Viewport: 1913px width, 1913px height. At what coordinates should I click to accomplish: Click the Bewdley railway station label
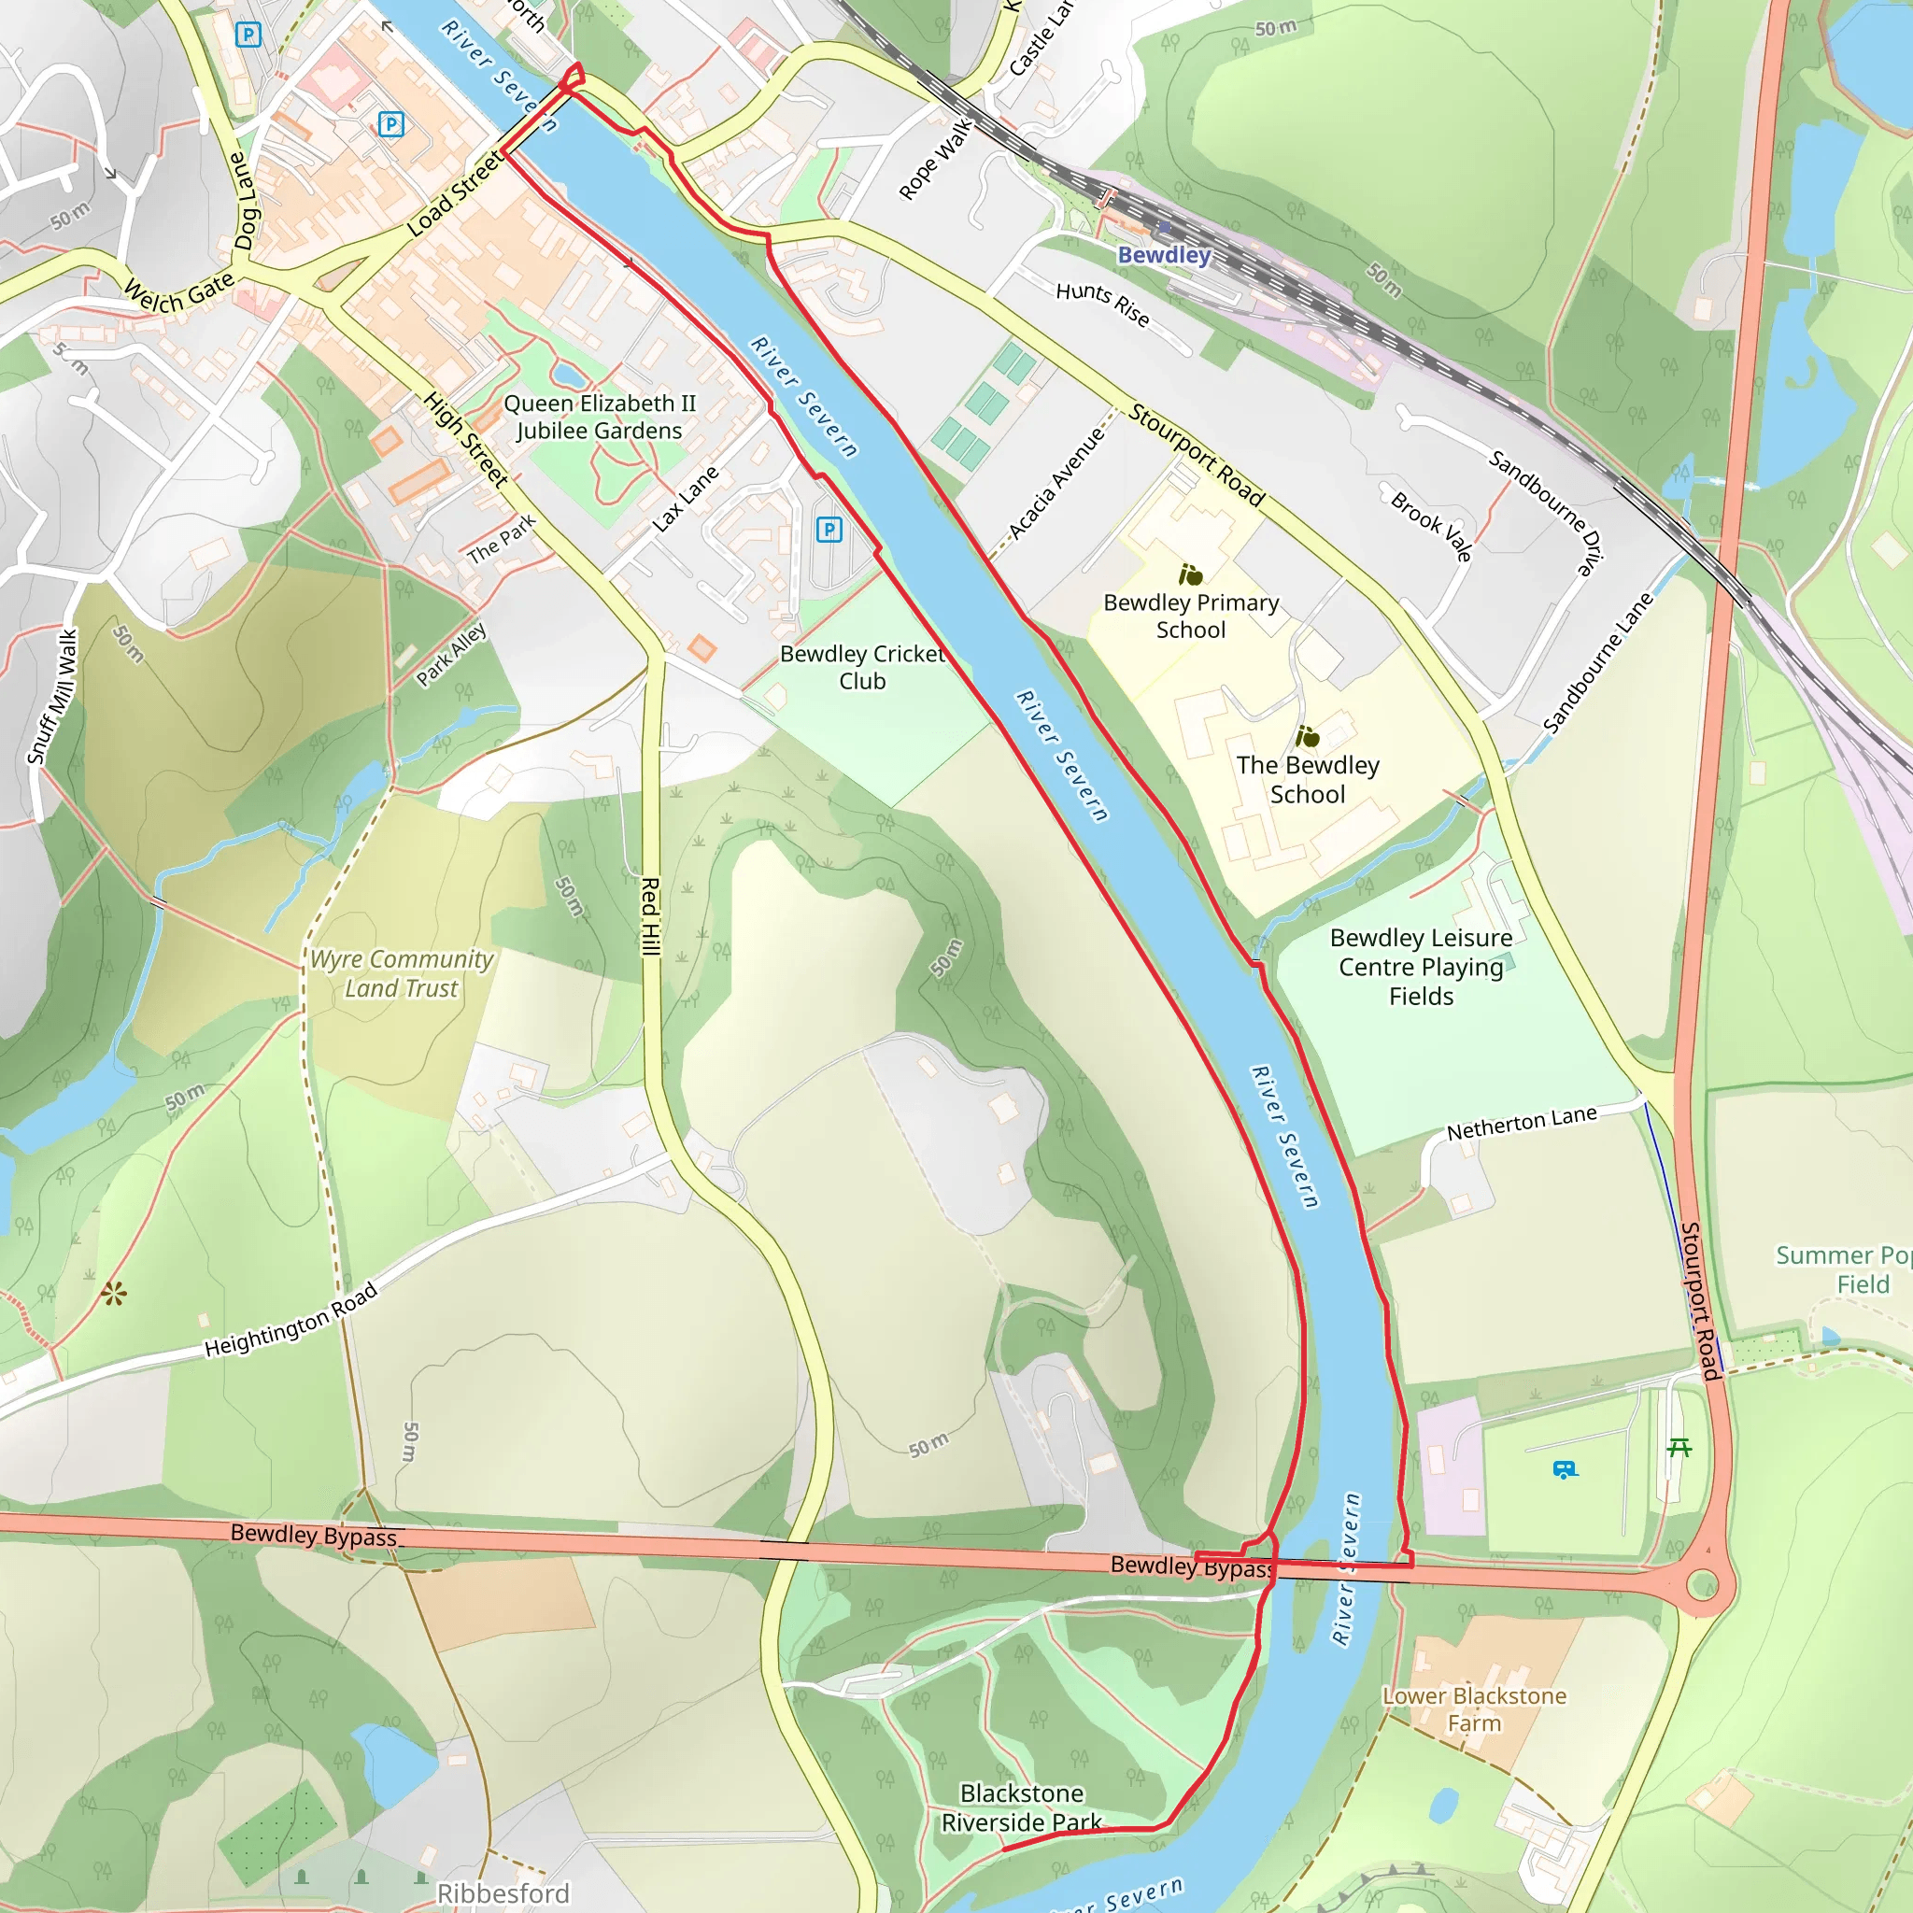point(1164,255)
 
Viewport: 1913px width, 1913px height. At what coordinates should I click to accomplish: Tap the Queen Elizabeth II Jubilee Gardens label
point(599,417)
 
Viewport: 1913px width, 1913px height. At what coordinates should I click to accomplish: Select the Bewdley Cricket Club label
point(861,667)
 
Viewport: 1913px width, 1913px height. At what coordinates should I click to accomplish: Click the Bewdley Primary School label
point(1191,616)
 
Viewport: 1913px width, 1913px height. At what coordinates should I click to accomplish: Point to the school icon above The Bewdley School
point(1307,737)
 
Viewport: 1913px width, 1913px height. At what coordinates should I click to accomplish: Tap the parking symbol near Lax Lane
point(829,530)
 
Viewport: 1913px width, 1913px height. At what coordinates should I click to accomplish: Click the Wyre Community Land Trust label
point(401,973)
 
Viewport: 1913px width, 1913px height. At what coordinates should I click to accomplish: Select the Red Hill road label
point(649,916)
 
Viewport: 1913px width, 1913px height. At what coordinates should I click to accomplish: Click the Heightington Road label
point(291,1320)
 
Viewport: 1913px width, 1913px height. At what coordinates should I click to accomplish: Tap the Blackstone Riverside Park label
point(1021,1808)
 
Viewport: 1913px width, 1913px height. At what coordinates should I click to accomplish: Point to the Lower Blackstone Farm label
point(1473,1709)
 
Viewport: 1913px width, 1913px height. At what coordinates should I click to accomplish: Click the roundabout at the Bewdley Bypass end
point(1701,1584)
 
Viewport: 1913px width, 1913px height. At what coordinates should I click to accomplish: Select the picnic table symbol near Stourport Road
point(1679,1448)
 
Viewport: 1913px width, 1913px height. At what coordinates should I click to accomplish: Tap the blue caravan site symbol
point(1564,1469)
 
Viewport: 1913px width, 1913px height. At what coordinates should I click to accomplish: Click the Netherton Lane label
point(1521,1123)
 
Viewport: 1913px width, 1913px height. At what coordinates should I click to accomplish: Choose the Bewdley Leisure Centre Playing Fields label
point(1420,967)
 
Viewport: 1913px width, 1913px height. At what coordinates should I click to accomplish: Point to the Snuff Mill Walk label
point(52,697)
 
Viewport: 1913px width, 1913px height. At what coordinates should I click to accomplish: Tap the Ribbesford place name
point(503,1893)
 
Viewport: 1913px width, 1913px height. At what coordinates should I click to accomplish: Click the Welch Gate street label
point(179,292)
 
